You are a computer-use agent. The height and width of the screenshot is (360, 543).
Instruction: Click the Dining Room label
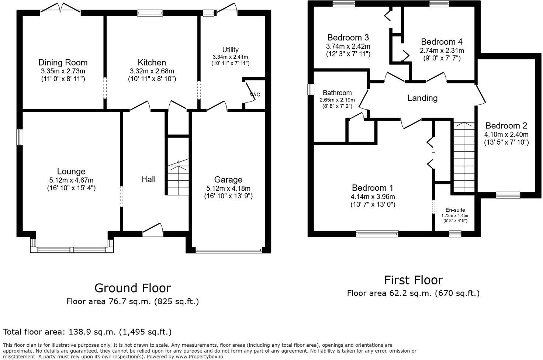tap(63, 62)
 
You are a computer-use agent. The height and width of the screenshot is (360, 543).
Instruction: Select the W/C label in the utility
tap(255, 94)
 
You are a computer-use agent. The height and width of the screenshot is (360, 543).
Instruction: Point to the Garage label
tap(228, 180)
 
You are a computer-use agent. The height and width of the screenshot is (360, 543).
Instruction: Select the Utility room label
tap(230, 50)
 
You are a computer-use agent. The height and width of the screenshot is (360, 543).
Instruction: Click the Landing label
tap(422, 98)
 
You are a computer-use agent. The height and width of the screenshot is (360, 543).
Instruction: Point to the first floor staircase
tap(464, 157)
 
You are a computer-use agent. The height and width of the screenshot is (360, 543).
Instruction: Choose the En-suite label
tap(455, 210)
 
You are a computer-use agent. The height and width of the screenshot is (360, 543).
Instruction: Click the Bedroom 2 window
tap(508, 195)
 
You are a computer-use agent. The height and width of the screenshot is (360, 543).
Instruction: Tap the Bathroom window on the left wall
tap(311, 89)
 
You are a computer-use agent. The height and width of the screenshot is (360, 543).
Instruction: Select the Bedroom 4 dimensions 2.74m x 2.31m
tap(442, 51)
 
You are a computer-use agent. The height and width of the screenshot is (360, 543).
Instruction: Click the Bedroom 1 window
tap(377, 233)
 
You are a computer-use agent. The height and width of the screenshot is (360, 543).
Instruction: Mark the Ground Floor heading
tap(132, 288)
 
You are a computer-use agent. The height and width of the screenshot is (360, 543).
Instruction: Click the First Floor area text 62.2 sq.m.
tap(413, 293)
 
